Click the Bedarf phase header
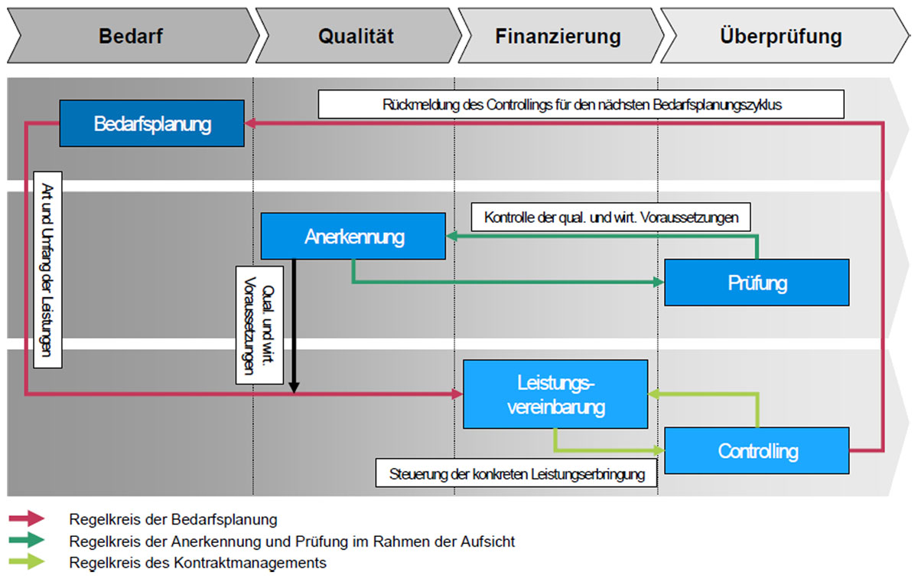(x=131, y=36)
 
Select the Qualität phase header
(x=356, y=36)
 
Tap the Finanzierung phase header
(x=557, y=36)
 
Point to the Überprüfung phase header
(x=780, y=36)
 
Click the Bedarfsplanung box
(x=152, y=123)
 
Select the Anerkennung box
(x=353, y=236)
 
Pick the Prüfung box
(x=757, y=283)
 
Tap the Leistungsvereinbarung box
(x=555, y=394)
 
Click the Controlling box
(x=757, y=450)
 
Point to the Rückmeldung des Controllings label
(x=581, y=105)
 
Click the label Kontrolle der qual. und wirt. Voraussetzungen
(x=611, y=217)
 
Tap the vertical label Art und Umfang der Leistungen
(x=48, y=270)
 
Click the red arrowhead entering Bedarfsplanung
(x=249, y=123)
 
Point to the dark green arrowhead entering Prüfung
(x=659, y=283)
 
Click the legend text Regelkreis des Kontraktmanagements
(x=197, y=563)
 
